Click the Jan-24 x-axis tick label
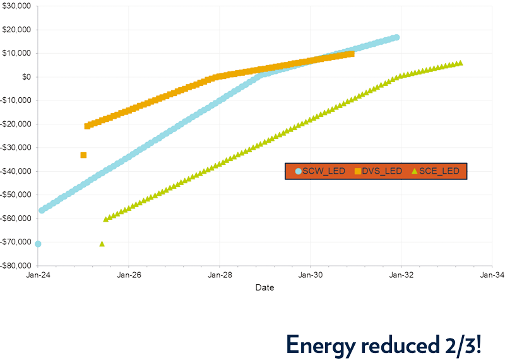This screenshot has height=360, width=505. point(38,275)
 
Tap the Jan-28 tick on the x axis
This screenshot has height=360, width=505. point(220,275)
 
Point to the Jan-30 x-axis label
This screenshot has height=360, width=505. point(310,275)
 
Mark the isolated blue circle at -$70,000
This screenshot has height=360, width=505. point(38,244)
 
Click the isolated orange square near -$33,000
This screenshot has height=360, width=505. point(83,155)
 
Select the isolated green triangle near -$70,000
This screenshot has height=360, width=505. point(102,244)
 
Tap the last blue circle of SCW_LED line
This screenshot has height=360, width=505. point(396,37)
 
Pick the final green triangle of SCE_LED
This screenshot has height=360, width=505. point(460,63)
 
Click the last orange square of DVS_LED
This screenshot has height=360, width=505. point(351,54)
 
